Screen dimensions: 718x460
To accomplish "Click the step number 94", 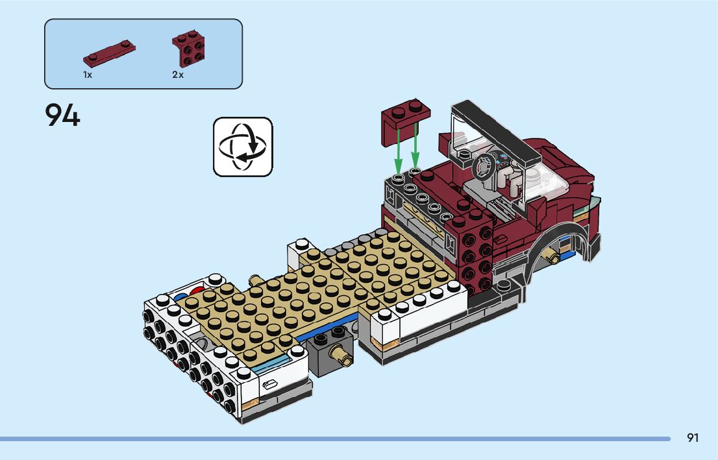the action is [x=63, y=115].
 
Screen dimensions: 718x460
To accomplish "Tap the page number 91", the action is [x=693, y=437].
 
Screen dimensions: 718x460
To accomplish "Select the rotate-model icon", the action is [x=243, y=147].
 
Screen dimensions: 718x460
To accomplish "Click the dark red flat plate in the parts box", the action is [x=109, y=53].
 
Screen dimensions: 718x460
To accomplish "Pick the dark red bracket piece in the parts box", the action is [x=188, y=49].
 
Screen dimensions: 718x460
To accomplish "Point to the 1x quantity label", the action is [x=88, y=75].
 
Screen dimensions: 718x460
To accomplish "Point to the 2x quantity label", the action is [x=178, y=75].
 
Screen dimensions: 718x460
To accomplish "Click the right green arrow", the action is [x=415, y=146].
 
